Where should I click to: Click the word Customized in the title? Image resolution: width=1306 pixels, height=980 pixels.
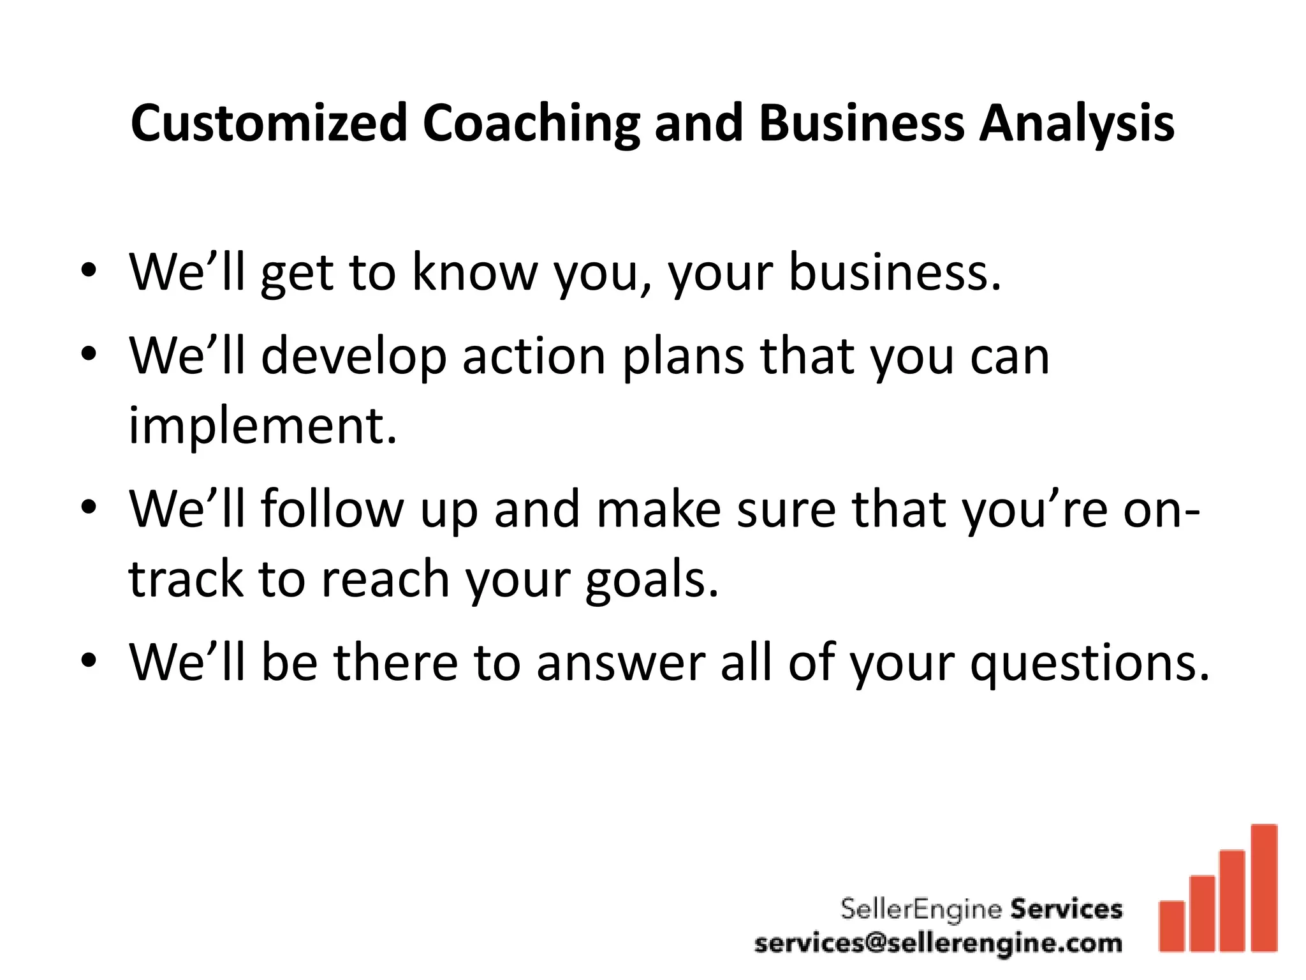pyautogui.click(x=268, y=123)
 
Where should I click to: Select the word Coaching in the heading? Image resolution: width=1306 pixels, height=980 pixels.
pyautogui.click(x=531, y=123)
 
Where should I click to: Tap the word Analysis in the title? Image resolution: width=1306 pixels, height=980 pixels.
pyautogui.click(x=1076, y=123)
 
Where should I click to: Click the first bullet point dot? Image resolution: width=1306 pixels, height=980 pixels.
pyautogui.click(x=89, y=271)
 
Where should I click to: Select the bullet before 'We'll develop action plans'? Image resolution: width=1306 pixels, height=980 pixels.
pyautogui.click(x=89, y=354)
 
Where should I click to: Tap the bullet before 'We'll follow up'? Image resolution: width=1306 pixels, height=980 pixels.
pyautogui.click(x=89, y=508)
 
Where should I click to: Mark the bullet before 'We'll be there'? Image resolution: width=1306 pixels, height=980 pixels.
pyautogui.click(x=89, y=661)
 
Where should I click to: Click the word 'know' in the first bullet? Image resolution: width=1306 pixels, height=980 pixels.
pyautogui.click(x=475, y=272)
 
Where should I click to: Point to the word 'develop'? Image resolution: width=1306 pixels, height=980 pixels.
pyautogui.click(x=354, y=357)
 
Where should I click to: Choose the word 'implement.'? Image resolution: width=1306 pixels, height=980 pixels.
pyautogui.click(x=263, y=426)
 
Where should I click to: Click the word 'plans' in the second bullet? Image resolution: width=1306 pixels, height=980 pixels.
pyautogui.click(x=683, y=357)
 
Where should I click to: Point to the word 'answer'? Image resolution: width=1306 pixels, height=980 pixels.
pyautogui.click(x=620, y=664)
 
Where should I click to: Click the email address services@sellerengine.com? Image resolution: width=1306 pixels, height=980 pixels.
pyautogui.click(x=938, y=943)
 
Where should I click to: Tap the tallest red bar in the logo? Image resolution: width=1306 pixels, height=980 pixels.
pyautogui.click(x=1264, y=887)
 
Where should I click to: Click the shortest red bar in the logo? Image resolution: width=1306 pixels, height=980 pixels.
pyautogui.click(x=1171, y=926)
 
